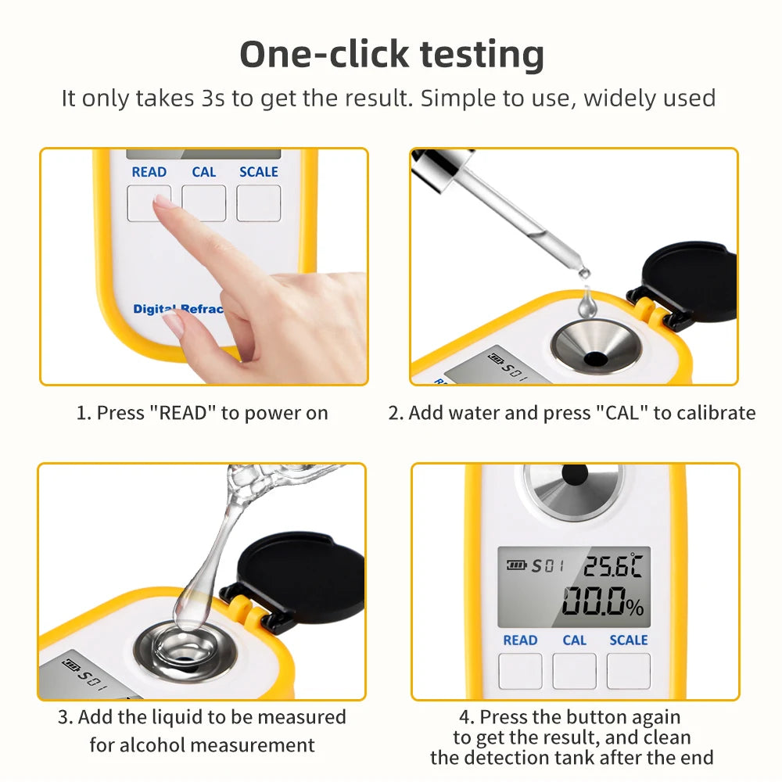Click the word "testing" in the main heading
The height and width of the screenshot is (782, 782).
click(x=482, y=55)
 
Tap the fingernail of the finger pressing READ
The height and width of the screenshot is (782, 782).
click(x=165, y=202)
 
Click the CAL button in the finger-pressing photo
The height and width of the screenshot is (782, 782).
click(x=203, y=203)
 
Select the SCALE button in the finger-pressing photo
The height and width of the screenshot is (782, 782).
click(x=259, y=203)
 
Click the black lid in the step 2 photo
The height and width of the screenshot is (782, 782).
click(x=689, y=281)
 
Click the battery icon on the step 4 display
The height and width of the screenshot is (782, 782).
click(x=516, y=565)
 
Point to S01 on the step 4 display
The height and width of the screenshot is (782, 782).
click(x=547, y=565)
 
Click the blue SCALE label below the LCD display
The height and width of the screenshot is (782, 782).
click(x=629, y=640)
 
